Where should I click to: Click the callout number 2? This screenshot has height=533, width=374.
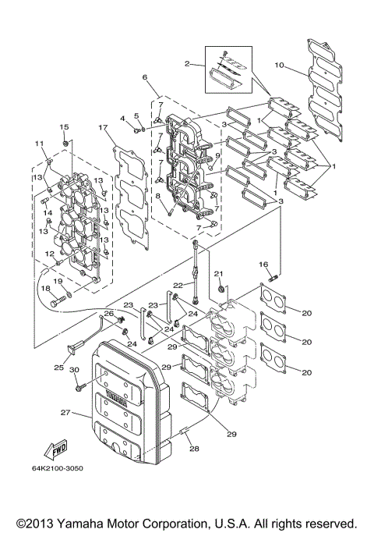click(x=187, y=62)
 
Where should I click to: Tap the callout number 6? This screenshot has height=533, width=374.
click(x=145, y=78)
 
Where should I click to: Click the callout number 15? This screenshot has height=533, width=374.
click(x=64, y=127)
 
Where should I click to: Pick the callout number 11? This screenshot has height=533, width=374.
click(x=38, y=144)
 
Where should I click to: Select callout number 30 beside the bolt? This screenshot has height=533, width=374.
click(x=74, y=370)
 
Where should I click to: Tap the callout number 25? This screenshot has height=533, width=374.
click(x=59, y=367)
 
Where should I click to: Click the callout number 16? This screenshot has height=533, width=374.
click(x=263, y=265)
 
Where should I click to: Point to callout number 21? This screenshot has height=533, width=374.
click(x=219, y=274)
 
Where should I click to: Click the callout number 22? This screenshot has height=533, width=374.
click(x=178, y=285)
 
